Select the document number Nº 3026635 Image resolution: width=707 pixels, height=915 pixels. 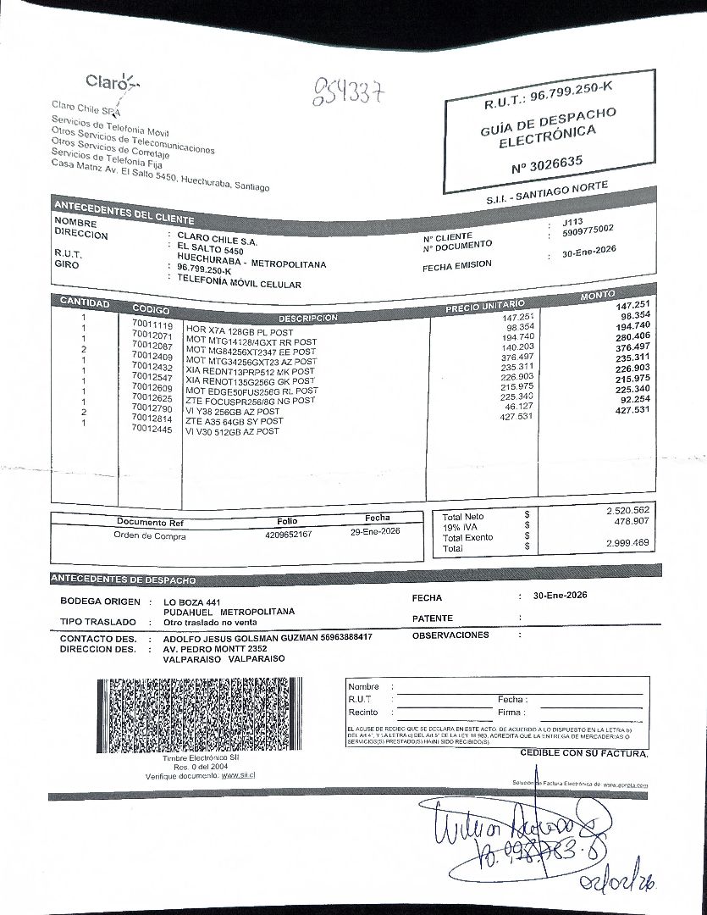[x=547, y=163]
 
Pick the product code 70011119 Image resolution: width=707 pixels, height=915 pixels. [x=152, y=324]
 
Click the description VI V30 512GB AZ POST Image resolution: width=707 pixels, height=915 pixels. [x=232, y=431]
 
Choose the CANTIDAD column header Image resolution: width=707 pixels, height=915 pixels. [x=85, y=302]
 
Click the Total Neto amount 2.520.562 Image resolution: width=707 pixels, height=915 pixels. [x=627, y=510]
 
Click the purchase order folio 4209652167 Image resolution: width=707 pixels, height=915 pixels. [x=288, y=535]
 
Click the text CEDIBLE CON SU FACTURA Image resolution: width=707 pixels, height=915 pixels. [x=584, y=753]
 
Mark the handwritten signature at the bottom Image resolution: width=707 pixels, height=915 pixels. [x=516, y=830]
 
